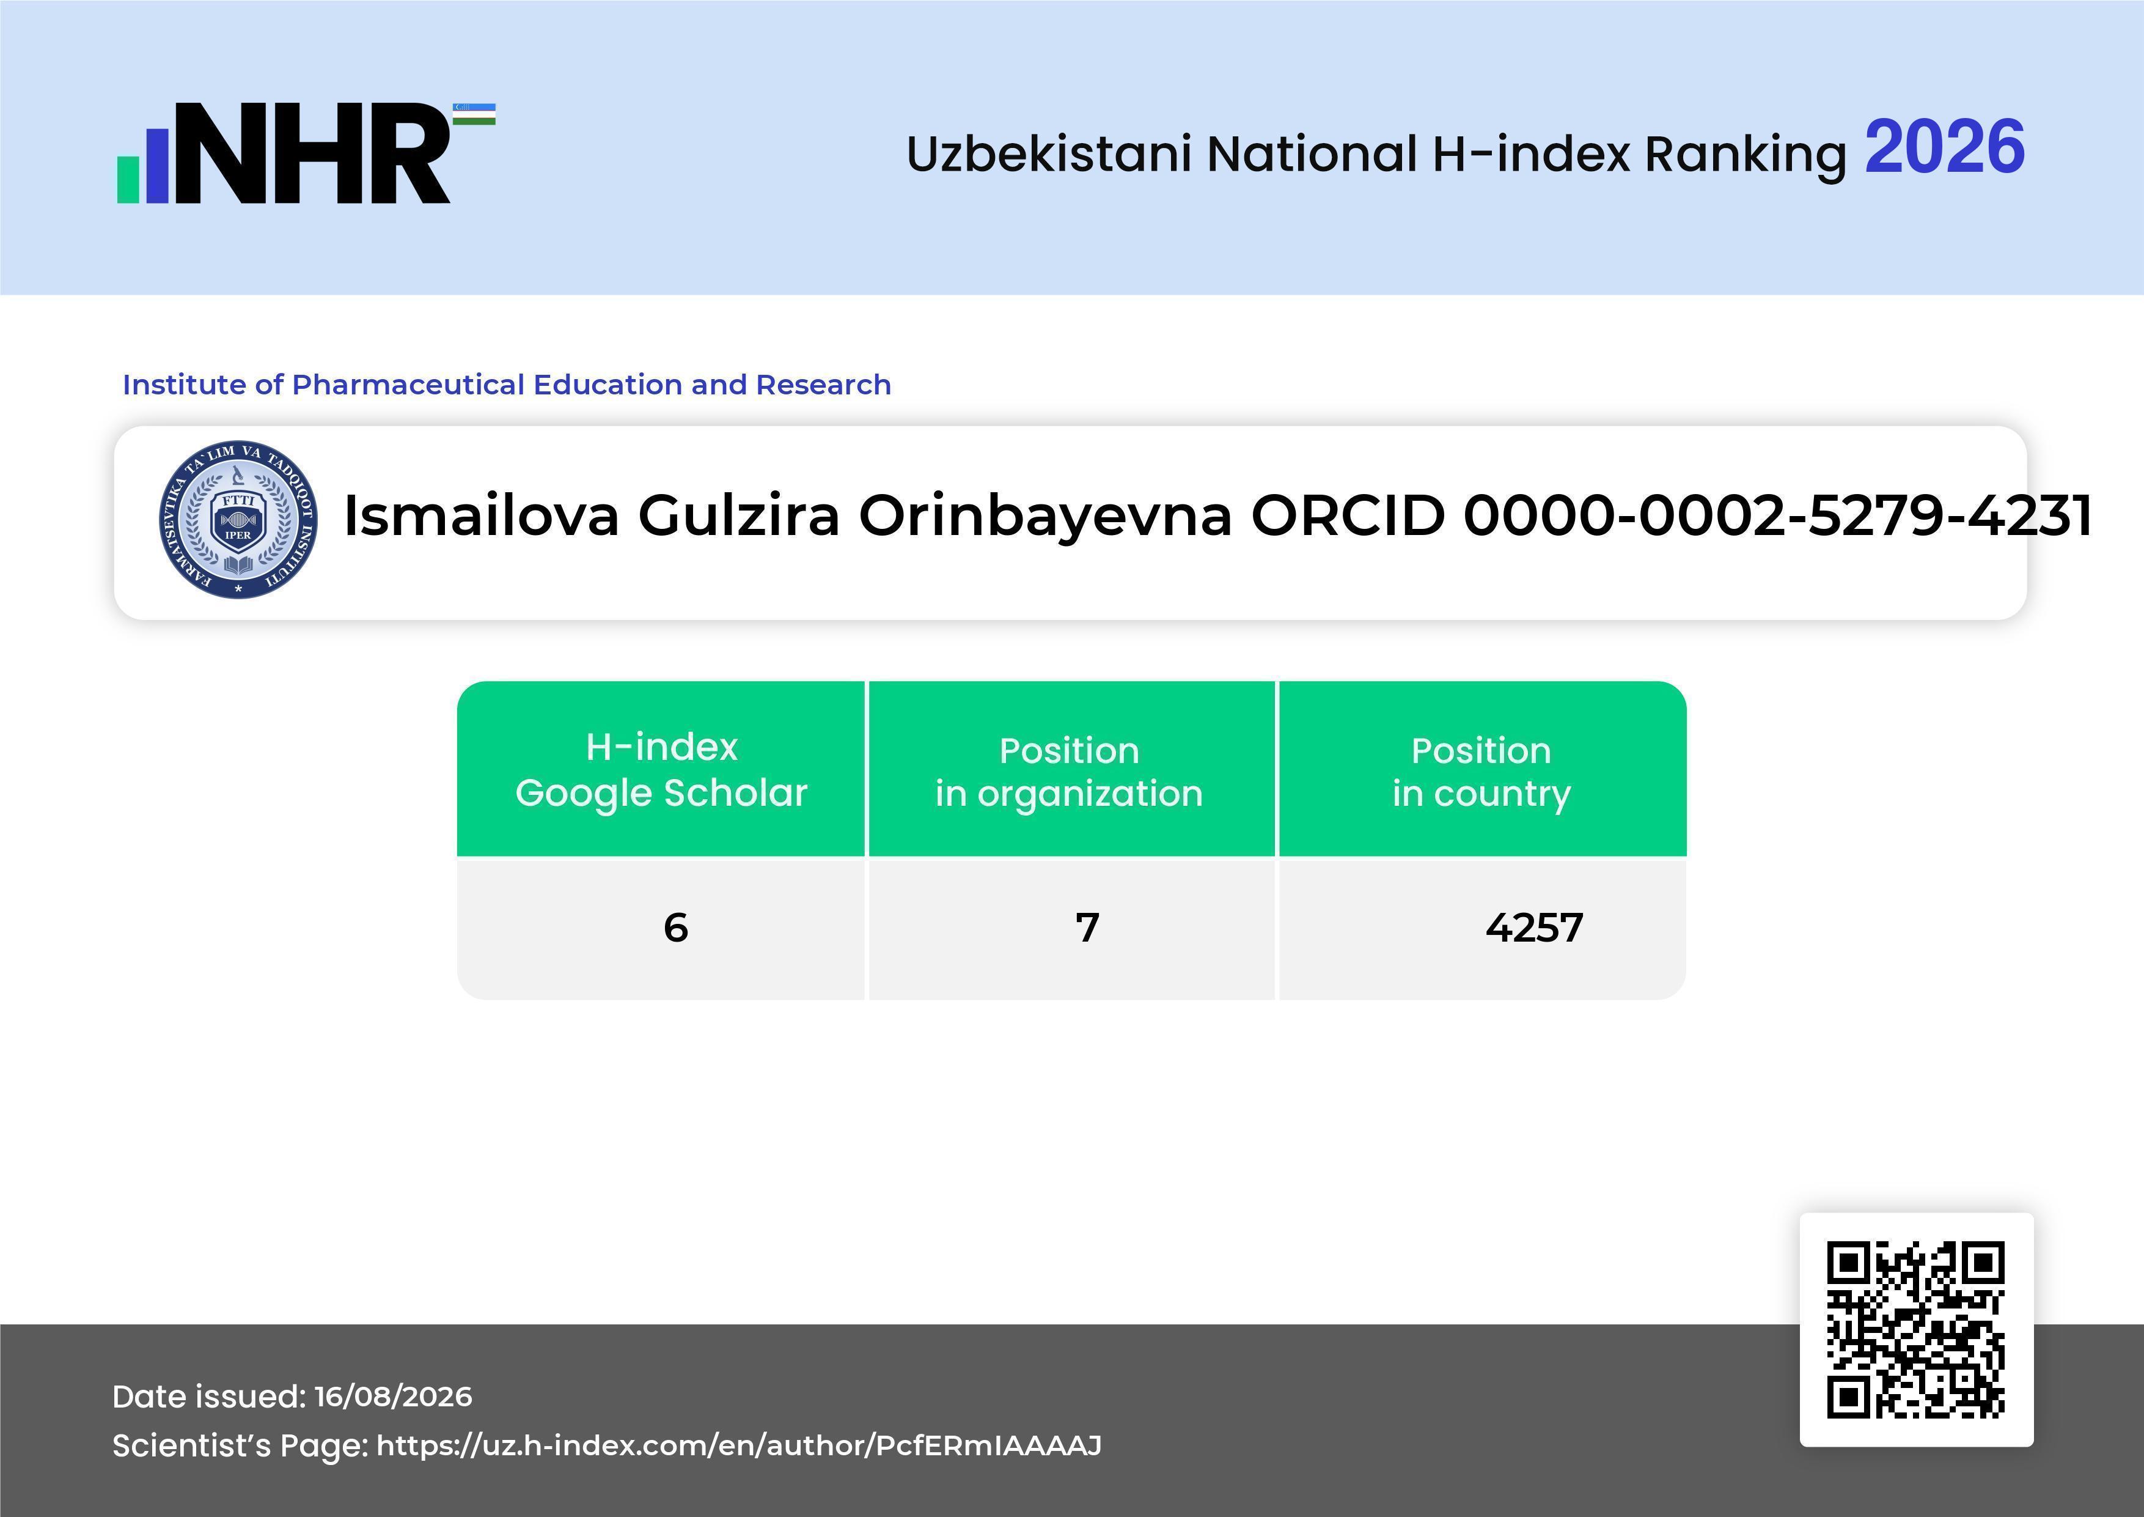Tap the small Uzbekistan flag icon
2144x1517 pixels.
474,114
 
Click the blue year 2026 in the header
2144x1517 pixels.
1944,147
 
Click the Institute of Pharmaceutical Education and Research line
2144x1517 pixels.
507,385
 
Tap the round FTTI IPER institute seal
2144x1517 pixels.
238,519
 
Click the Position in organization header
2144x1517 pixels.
1069,772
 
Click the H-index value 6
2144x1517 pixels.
676,928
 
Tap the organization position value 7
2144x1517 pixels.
1087,928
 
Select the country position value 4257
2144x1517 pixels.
1534,928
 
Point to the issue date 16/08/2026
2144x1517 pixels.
393,1397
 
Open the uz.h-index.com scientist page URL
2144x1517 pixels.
739,1446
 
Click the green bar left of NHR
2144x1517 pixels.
128,179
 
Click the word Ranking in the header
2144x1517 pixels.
1746,155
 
